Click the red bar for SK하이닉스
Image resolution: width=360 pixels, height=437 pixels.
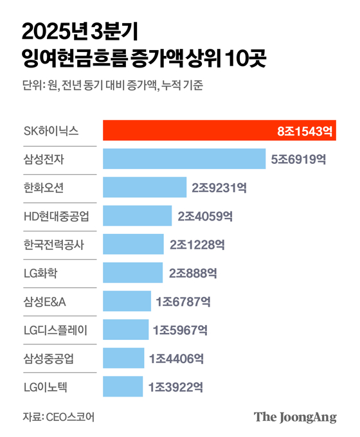193,130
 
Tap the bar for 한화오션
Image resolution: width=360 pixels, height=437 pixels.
144,187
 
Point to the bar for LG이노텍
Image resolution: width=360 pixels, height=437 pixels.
123,387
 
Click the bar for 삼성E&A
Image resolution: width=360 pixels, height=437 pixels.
126,301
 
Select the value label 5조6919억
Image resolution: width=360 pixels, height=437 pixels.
299,159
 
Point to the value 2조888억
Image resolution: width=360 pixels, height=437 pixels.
194,272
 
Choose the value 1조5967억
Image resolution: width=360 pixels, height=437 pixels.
180,330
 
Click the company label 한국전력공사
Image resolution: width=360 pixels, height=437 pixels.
53,244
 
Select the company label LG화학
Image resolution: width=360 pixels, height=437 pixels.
40,272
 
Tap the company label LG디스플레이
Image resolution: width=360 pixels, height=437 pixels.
55,330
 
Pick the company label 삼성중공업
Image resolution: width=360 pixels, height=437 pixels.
48,359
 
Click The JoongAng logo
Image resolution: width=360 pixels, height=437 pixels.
295,416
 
